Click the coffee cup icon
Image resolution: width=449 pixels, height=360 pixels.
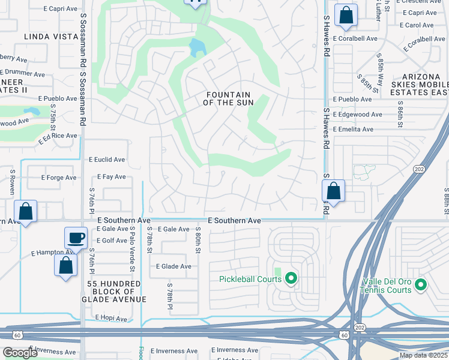pos(76,238)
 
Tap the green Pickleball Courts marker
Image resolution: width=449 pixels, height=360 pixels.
pos(291,278)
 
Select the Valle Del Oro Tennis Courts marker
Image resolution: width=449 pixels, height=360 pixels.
pos(421,284)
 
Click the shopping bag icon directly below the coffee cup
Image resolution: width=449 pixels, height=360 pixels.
pos(65,264)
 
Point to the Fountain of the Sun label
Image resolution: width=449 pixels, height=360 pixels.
pos(228,99)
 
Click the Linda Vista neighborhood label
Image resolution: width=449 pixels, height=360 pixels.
pos(51,37)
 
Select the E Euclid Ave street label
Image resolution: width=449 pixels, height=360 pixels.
pos(107,160)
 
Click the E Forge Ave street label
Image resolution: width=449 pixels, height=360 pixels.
pos(59,178)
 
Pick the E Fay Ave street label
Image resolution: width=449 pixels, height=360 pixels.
pos(111,177)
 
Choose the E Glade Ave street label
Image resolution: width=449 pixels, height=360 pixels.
pos(173,266)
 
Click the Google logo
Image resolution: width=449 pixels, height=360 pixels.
pos(20,353)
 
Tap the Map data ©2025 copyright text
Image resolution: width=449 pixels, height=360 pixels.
pos(423,355)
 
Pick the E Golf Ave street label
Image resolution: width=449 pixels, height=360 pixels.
pos(111,241)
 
